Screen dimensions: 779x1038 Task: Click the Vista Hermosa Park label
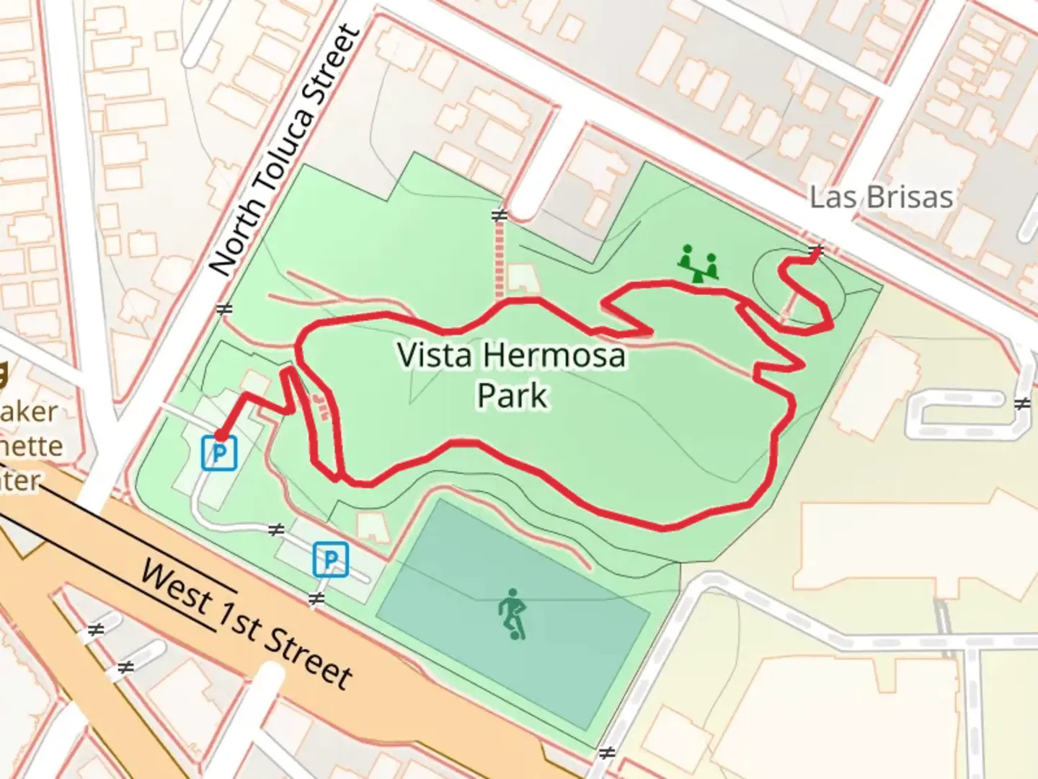[x=511, y=375]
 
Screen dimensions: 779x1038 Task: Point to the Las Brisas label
[x=881, y=197]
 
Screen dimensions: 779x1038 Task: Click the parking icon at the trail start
[x=219, y=453]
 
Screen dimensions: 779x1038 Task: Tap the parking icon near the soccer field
[x=330, y=560]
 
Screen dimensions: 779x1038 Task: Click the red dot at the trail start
[x=220, y=434]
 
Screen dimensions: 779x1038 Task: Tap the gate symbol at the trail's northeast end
[x=816, y=251]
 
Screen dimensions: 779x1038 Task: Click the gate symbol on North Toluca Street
[x=224, y=309]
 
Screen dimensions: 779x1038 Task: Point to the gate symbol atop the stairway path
[x=499, y=215]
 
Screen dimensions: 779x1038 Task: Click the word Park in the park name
[x=512, y=395]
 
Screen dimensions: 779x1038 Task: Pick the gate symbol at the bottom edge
[x=607, y=754]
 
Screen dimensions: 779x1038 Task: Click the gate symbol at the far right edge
[x=1021, y=404]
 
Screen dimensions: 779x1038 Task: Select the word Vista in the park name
[x=435, y=355]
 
